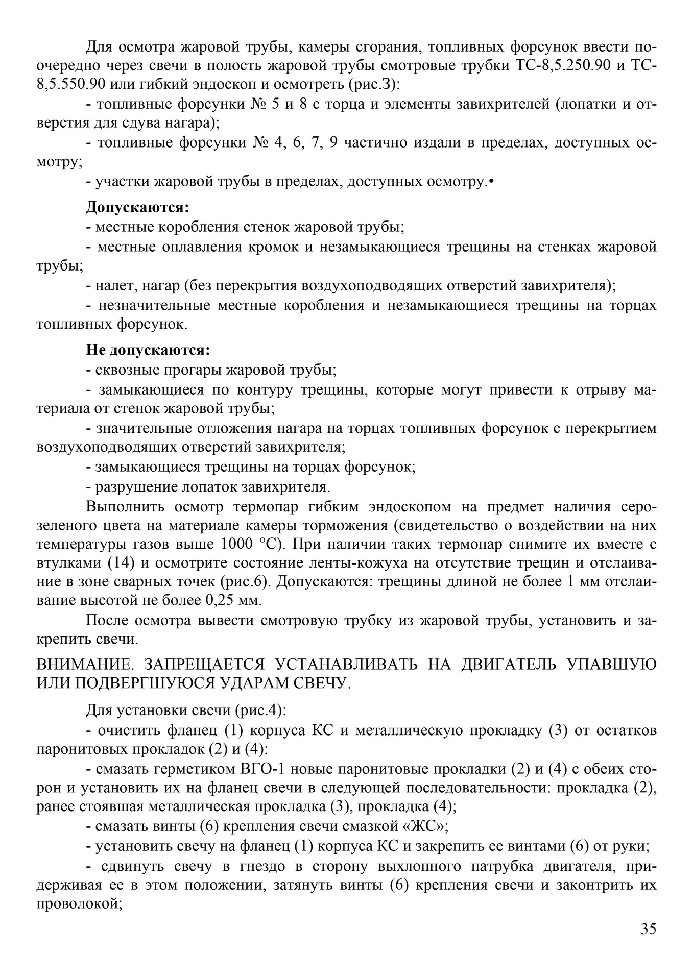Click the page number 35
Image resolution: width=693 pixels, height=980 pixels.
pos(648,928)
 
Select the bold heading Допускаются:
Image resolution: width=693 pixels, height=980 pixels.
pos(137,207)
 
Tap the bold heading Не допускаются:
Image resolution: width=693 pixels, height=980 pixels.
pos(148,350)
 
